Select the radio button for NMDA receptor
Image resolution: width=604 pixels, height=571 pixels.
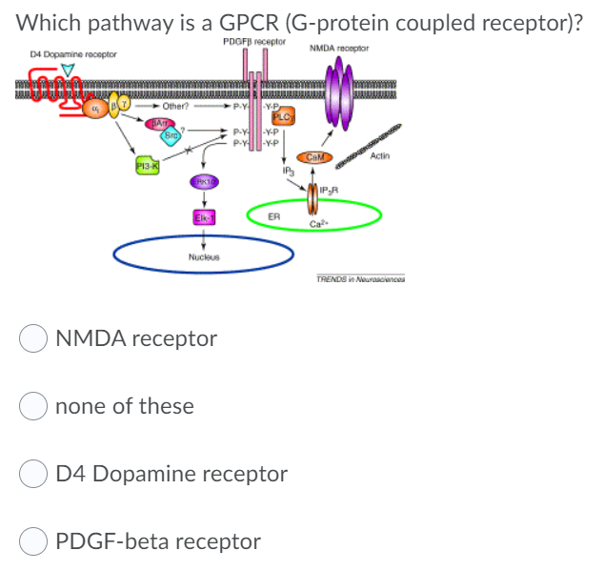[x=33, y=338]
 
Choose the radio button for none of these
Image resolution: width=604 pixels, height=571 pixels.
[x=33, y=406]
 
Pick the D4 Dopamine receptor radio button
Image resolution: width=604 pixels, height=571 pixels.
[x=33, y=474]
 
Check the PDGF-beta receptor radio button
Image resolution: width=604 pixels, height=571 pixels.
[x=33, y=541]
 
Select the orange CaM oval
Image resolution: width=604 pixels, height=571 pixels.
[x=313, y=156]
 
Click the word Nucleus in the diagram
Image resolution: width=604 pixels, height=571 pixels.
[x=203, y=256]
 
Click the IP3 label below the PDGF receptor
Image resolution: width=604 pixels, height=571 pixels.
[x=286, y=173]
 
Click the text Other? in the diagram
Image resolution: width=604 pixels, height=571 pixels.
[x=174, y=106]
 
